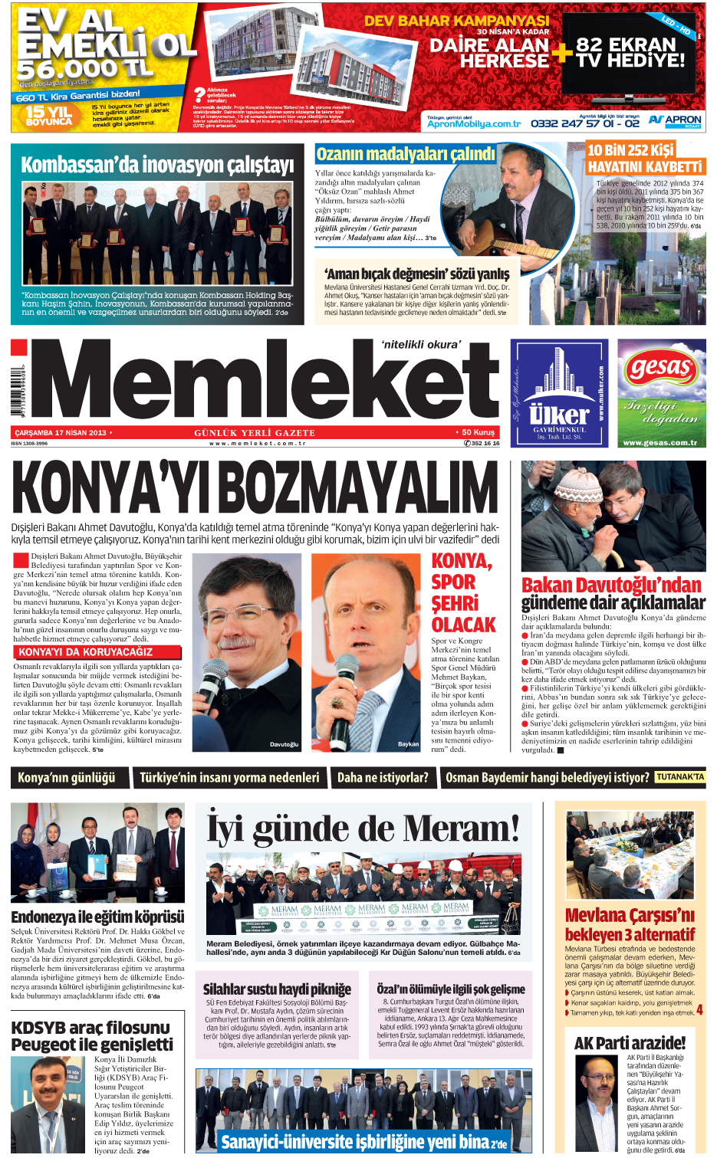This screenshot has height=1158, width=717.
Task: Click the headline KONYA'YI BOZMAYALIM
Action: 255,487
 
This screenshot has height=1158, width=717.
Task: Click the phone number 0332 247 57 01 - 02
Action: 584,123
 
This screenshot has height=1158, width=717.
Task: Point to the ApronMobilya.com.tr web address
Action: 473,123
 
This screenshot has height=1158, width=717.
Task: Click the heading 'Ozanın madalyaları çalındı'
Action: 406,154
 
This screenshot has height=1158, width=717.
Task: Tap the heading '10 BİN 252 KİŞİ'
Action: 630,150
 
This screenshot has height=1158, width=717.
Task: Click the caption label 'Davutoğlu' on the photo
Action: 284,744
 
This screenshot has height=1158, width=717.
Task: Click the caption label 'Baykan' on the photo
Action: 408,743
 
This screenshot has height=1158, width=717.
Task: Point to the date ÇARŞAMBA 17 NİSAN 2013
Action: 61,433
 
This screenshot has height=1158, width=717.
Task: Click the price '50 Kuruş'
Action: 478,432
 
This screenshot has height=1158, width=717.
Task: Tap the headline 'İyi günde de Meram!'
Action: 363,828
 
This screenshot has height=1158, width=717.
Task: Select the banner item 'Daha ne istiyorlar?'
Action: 383,777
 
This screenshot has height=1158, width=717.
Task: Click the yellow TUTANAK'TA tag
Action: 679,776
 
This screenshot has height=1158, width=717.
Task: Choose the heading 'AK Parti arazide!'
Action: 630,1042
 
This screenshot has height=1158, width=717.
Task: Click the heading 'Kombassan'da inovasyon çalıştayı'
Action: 157,165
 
